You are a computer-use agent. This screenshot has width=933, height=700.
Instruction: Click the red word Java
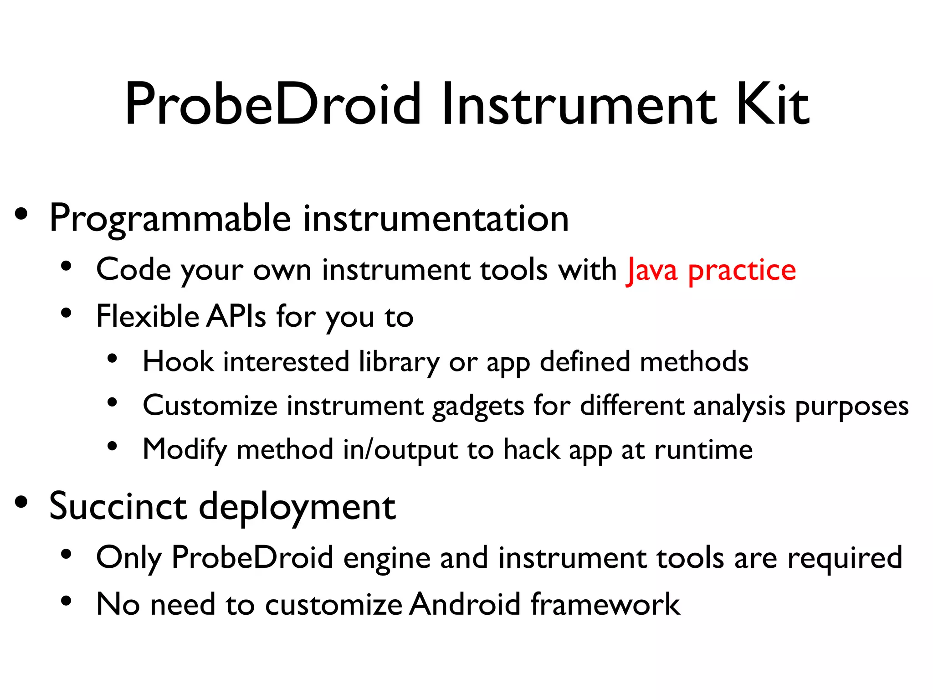click(x=652, y=270)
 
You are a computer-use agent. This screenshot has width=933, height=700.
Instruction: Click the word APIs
click(x=236, y=316)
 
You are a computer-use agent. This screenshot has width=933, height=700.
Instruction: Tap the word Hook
click(x=178, y=362)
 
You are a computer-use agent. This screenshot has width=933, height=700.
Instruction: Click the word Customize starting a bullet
click(x=210, y=406)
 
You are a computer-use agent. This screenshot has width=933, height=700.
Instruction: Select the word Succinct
click(x=118, y=506)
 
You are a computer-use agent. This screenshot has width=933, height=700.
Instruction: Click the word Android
click(x=465, y=604)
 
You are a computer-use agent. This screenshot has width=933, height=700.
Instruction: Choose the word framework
click(x=605, y=604)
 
